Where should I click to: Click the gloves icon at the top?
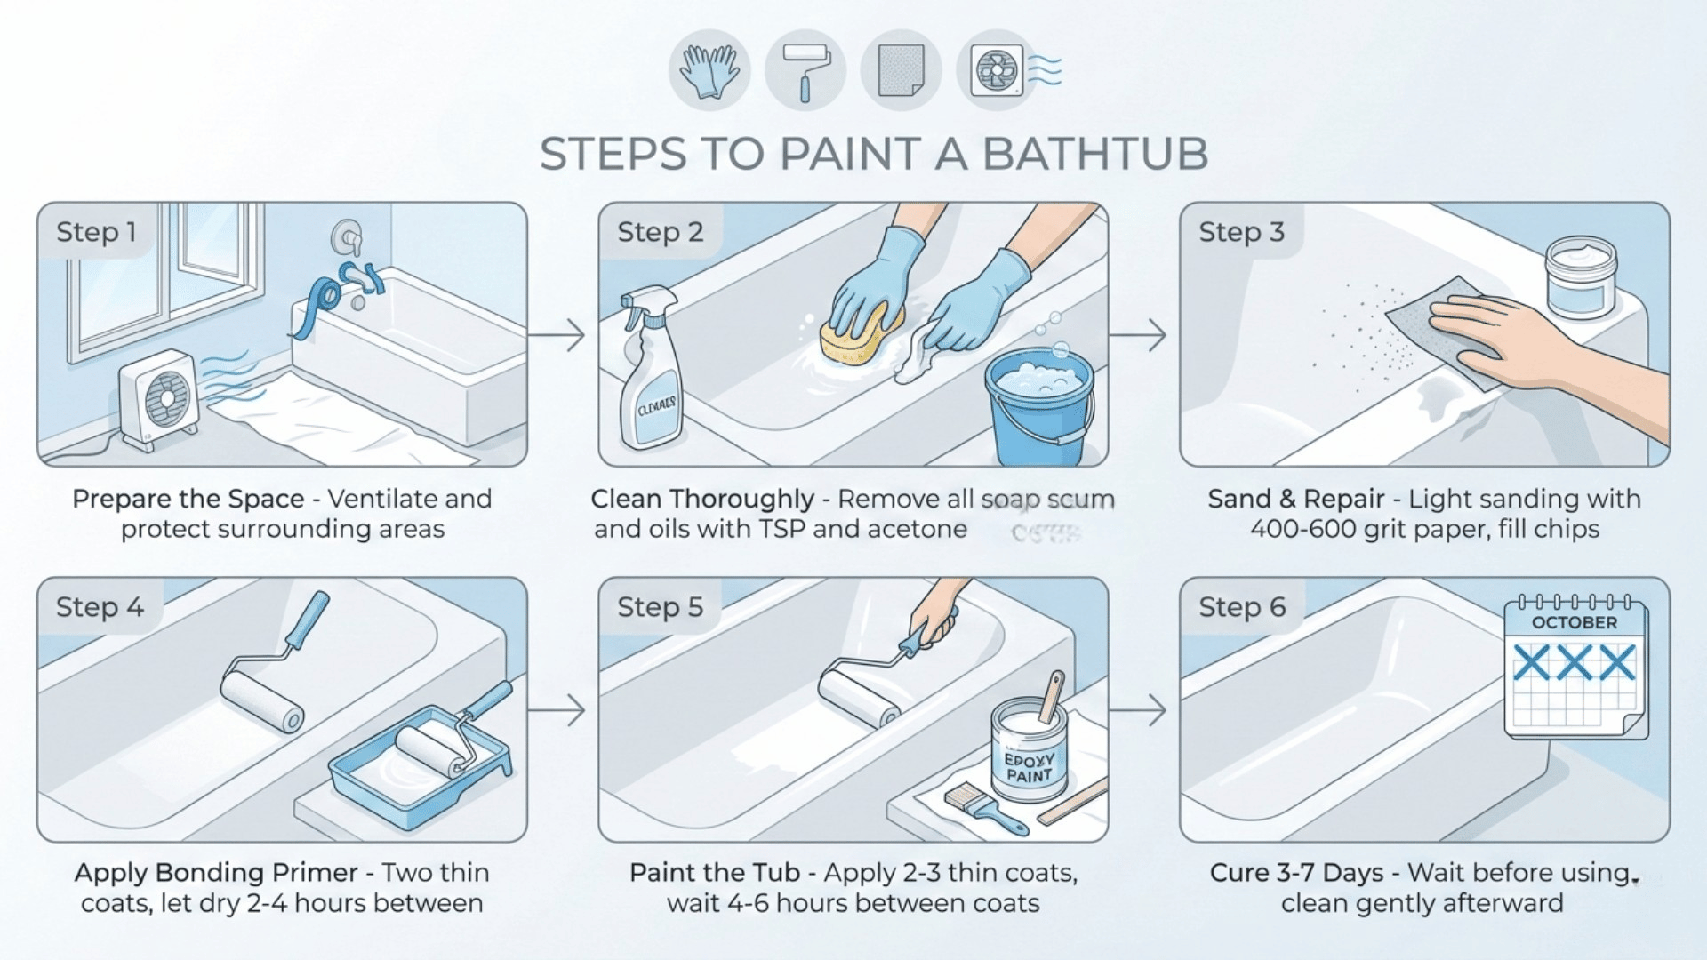click(709, 70)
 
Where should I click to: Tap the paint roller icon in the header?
click(805, 70)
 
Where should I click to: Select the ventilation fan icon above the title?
click(997, 70)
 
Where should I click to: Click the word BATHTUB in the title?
click(1094, 155)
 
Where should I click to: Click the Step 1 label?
click(96, 233)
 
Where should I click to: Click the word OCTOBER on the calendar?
click(1575, 623)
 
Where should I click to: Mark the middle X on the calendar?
click(1575, 663)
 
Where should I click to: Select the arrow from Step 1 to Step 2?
click(558, 335)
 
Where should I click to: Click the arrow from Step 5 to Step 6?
click(1140, 710)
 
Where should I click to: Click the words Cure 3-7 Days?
click(1296, 873)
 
